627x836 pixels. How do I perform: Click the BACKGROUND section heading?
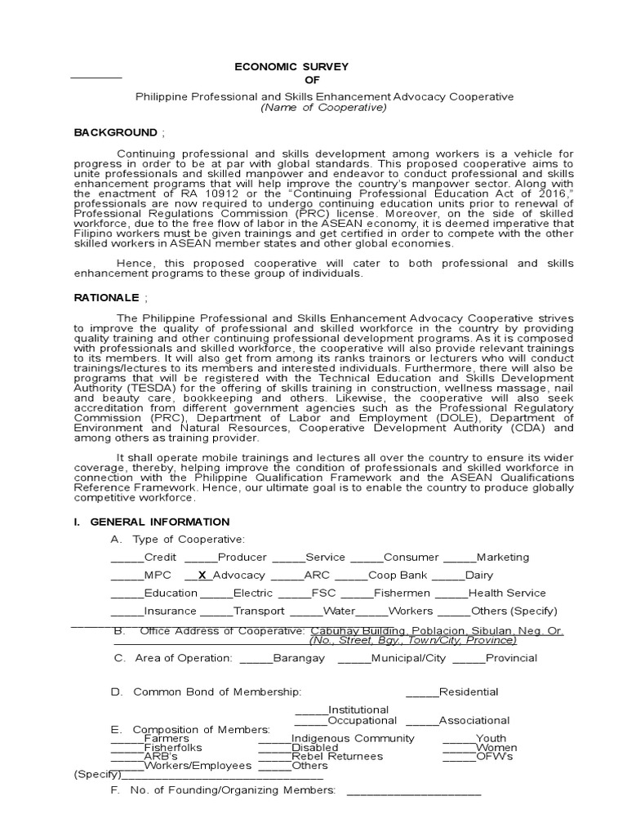(115, 132)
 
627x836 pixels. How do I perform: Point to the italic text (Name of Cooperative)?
(322, 108)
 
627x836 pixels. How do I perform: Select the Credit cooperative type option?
(160, 557)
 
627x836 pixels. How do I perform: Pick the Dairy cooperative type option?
(478, 575)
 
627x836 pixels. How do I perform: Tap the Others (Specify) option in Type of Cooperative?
(519, 611)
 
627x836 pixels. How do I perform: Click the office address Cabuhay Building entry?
(435, 631)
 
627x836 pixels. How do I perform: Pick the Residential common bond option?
(468, 692)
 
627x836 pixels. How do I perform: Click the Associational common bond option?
(474, 721)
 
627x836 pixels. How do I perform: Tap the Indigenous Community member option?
(353, 738)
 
